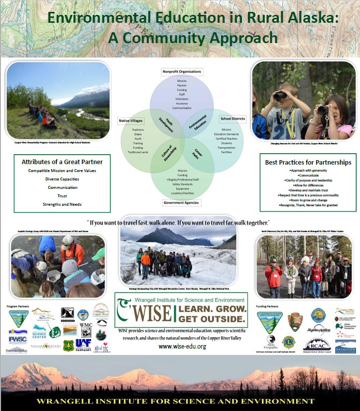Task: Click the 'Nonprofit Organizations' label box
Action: point(182,72)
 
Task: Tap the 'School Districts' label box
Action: point(233,119)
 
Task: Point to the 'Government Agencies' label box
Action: point(182,202)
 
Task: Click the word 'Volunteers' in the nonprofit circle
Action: point(182,99)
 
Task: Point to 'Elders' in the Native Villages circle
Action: point(138,134)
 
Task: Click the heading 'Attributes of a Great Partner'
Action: point(62,162)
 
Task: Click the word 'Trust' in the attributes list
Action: point(62,196)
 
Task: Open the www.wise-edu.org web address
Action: point(182,346)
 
